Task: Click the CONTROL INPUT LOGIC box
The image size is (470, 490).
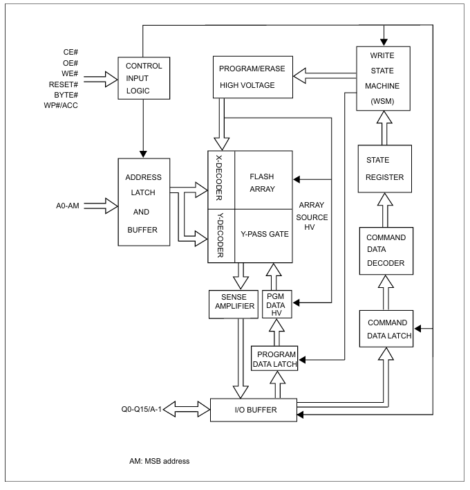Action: [x=143, y=78]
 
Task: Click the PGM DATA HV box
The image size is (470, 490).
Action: [x=277, y=304]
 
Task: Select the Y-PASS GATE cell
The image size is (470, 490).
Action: [x=264, y=233]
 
